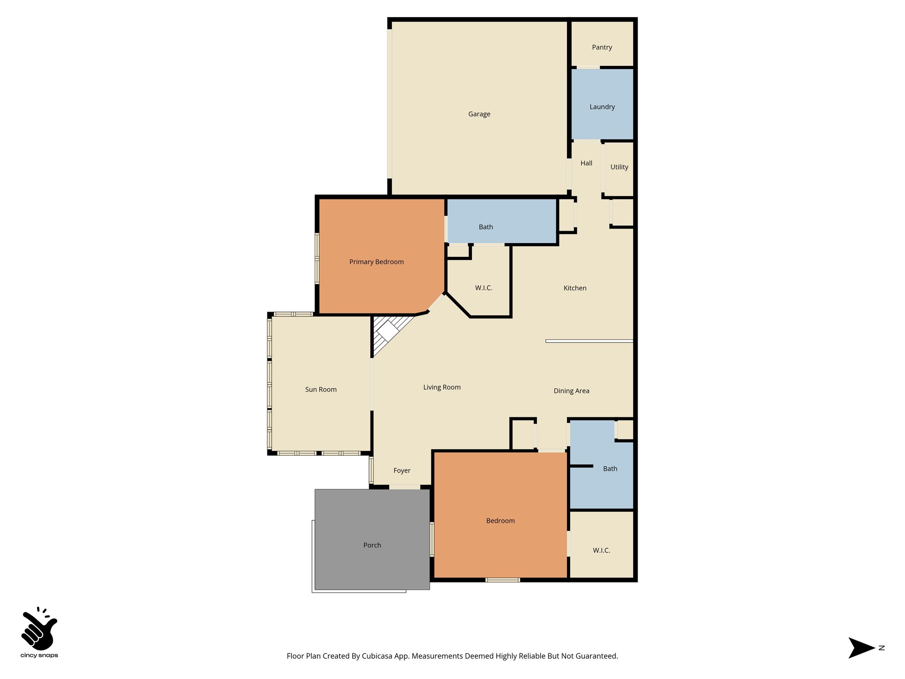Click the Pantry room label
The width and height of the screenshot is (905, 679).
click(602, 47)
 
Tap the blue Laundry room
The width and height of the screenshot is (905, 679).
click(602, 107)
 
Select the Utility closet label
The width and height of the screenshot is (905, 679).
click(619, 167)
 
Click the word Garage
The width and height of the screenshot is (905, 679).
click(479, 114)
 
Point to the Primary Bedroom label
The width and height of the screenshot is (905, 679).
click(376, 262)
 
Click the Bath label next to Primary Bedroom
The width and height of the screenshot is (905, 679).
click(486, 227)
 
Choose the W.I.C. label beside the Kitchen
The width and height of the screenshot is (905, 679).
click(483, 288)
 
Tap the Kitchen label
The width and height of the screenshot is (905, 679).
click(575, 288)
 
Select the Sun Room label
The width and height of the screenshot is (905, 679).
click(321, 389)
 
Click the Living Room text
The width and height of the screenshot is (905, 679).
click(442, 387)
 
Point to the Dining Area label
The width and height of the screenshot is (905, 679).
click(571, 391)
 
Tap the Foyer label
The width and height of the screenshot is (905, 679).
click(402, 470)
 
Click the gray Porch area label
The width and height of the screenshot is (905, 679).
click(372, 545)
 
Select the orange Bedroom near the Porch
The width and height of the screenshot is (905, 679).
click(500, 521)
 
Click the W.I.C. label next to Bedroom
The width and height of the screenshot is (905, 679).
click(601, 550)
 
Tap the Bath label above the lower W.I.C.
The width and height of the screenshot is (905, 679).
click(610, 469)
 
